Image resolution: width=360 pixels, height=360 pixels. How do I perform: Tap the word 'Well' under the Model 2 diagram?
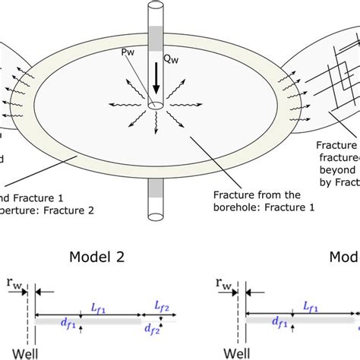[x=15, y=353]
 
